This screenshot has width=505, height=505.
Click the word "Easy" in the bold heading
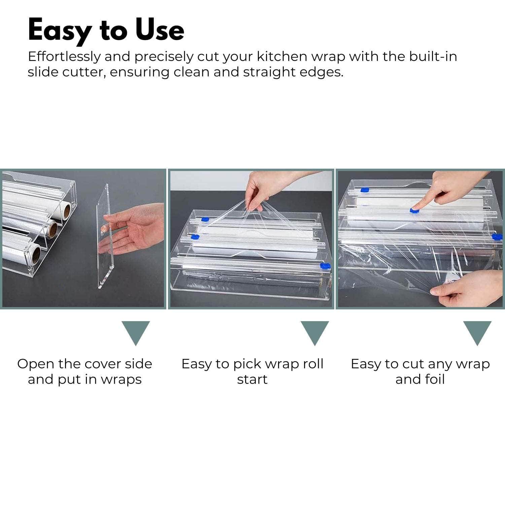[x=60, y=31]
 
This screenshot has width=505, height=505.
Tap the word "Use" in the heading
[x=160, y=30]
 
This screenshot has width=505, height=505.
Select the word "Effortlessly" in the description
[x=64, y=57]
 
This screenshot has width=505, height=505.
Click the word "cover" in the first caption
[x=103, y=364]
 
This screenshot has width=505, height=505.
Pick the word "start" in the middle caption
[x=252, y=380]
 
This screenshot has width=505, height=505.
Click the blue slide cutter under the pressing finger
[x=414, y=210]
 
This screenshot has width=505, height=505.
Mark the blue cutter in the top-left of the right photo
[x=365, y=190]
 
